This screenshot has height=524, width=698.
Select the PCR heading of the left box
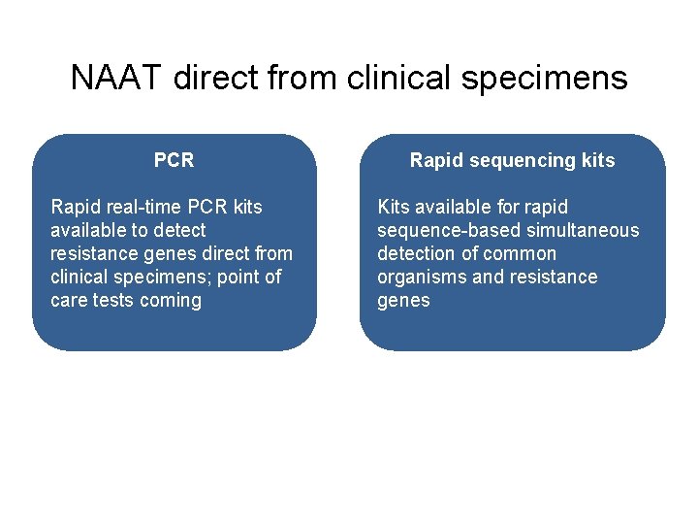tap(174, 160)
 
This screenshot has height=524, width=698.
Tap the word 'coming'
tap(171, 300)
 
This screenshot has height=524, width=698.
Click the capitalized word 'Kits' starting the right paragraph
tap(393, 207)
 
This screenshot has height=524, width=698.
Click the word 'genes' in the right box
tap(402, 300)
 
